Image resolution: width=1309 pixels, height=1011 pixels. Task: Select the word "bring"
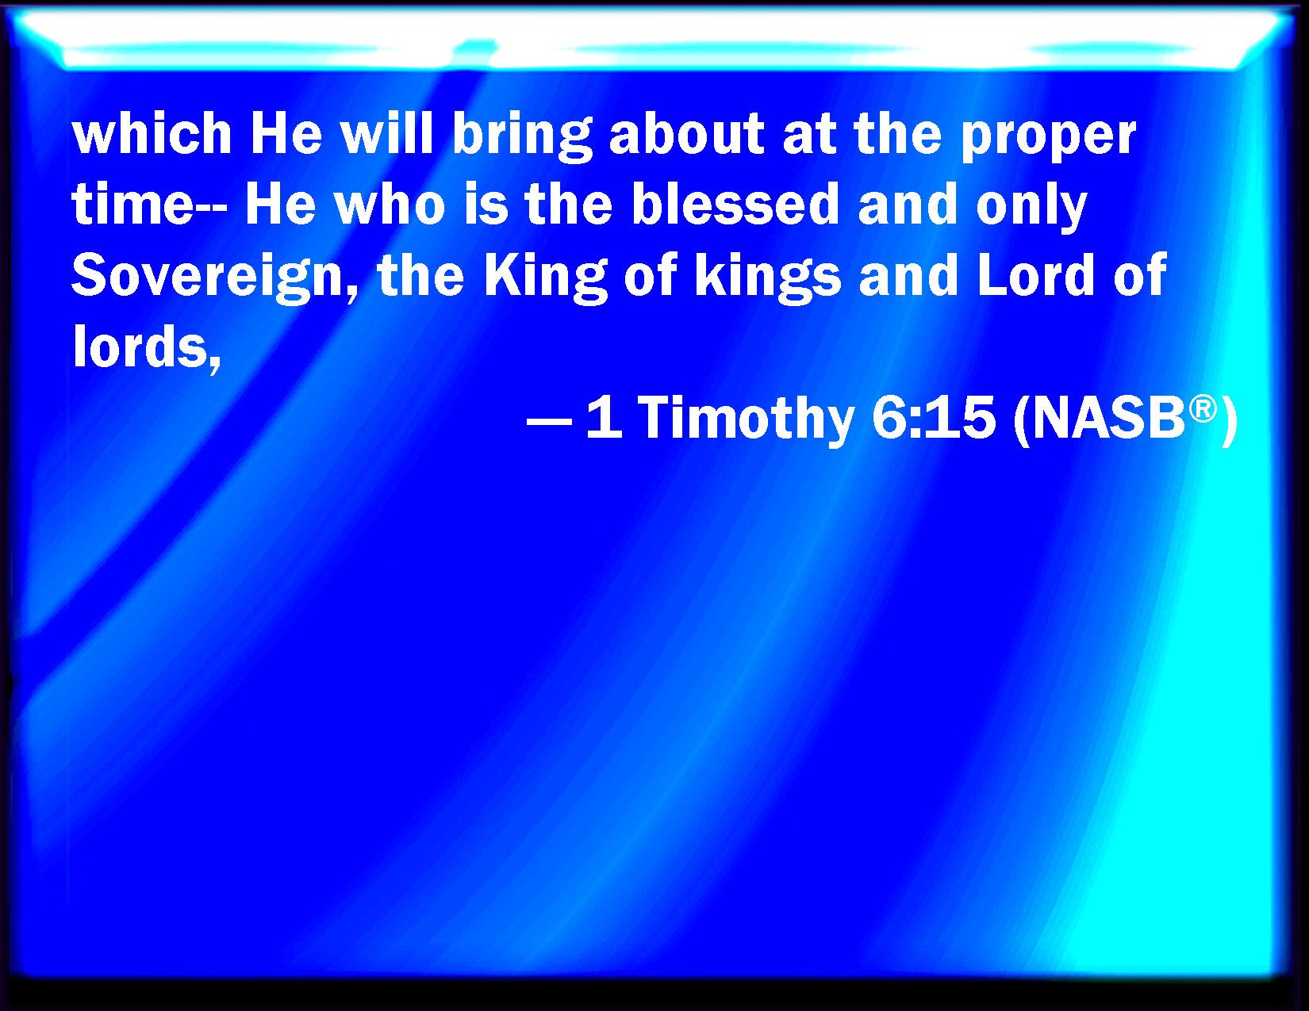pos(522,137)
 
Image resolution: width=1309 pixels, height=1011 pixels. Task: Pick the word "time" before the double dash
pos(132,204)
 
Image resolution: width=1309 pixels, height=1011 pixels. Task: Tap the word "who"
pos(390,204)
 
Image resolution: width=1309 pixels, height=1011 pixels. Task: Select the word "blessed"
pos(735,204)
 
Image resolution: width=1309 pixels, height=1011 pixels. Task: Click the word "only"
pos(1031,209)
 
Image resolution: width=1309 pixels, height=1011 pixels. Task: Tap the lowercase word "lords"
pos(147,348)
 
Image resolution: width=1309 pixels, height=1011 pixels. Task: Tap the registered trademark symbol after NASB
pos(1203,409)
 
